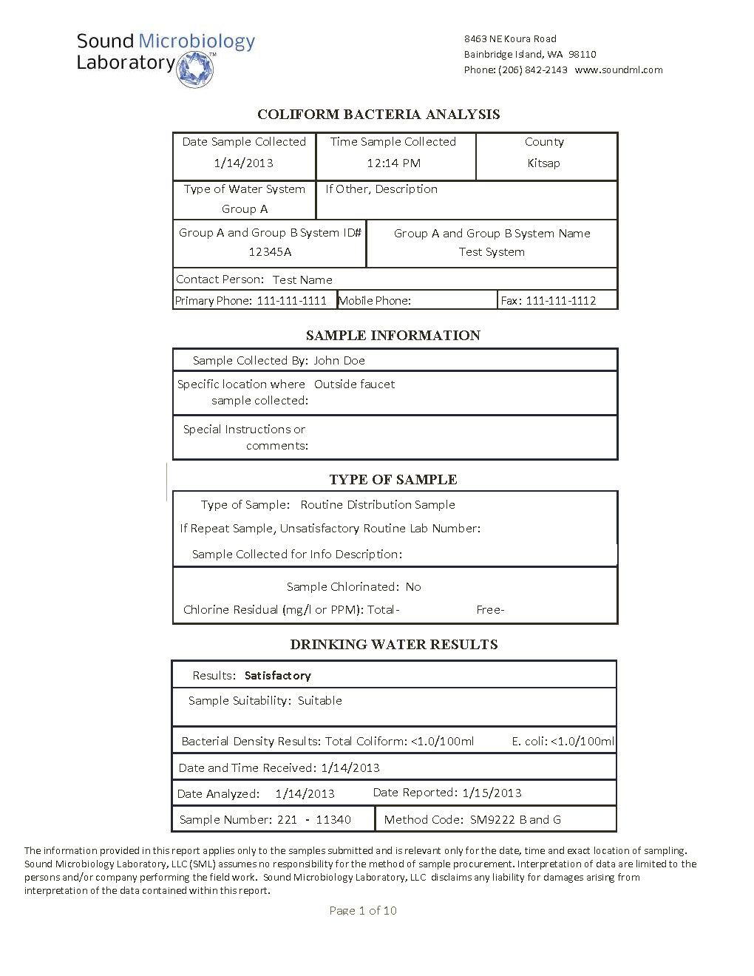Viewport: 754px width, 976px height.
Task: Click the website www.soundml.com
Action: pos(619,70)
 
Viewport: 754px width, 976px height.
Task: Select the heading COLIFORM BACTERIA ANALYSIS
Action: pos(378,115)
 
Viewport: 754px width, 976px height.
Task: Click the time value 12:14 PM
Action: pos(394,163)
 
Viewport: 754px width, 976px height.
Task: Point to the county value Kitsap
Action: pos(543,163)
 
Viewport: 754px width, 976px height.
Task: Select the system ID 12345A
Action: pos(270,252)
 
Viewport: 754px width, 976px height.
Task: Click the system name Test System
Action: pos(492,252)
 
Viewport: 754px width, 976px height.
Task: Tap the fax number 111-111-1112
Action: pos(560,301)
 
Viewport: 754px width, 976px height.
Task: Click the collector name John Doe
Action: pos(339,361)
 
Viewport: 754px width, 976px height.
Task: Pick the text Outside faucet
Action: pos(355,384)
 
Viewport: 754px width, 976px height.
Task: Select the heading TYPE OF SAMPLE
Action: pos(393,480)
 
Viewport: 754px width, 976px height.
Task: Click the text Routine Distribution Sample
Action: pos(378,505)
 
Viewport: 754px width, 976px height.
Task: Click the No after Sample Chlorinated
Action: pos(413,587)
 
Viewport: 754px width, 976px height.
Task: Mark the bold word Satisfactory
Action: pos(278,676)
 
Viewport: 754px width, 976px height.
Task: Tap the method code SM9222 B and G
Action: pos(515,820)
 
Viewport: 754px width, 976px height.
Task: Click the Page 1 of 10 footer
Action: pos(363,911)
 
